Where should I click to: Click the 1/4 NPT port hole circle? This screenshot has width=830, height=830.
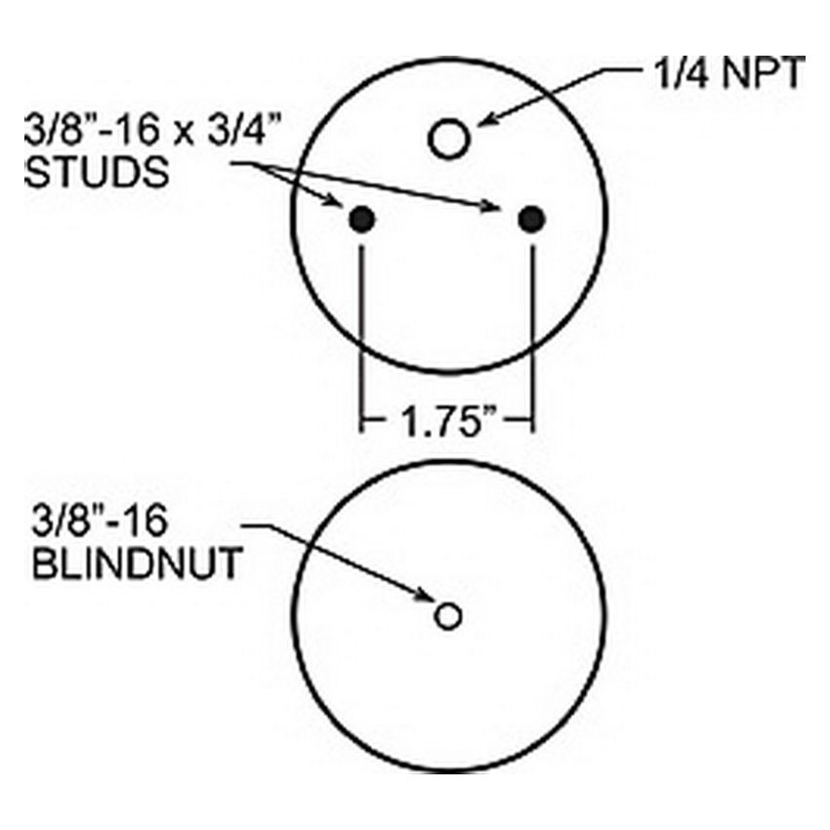click(x=449, y=139)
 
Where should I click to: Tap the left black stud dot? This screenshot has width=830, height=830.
click(x=362, y=219)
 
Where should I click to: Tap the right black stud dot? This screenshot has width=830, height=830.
click(x=531, y=219)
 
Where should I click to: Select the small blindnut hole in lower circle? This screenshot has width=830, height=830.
click(x=448, y=615)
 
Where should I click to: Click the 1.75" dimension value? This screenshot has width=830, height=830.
click(x=446, y=422)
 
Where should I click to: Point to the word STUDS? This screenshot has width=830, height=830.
click(x=97, y=172)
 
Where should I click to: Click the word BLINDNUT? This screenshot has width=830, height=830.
click(x=137, y=563)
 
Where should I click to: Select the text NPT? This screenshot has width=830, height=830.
click(x=763, y=72)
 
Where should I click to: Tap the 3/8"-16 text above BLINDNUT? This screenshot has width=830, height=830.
click(x=100, y=520)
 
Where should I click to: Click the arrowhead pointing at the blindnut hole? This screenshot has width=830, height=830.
click(x=424, y=596)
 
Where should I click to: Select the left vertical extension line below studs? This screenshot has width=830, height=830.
click(x=362, y=339)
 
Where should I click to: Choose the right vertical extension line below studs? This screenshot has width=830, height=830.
click(x=532, y=339)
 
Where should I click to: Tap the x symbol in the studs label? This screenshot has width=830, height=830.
click(x=184, y=133)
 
